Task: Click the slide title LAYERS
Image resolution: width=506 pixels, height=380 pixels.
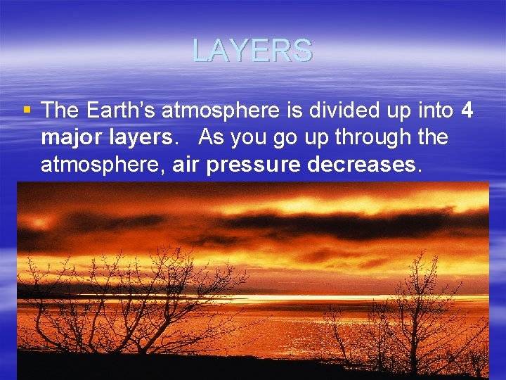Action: coord(252,51)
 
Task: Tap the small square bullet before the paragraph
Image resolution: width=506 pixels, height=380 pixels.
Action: coord(27,110)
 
